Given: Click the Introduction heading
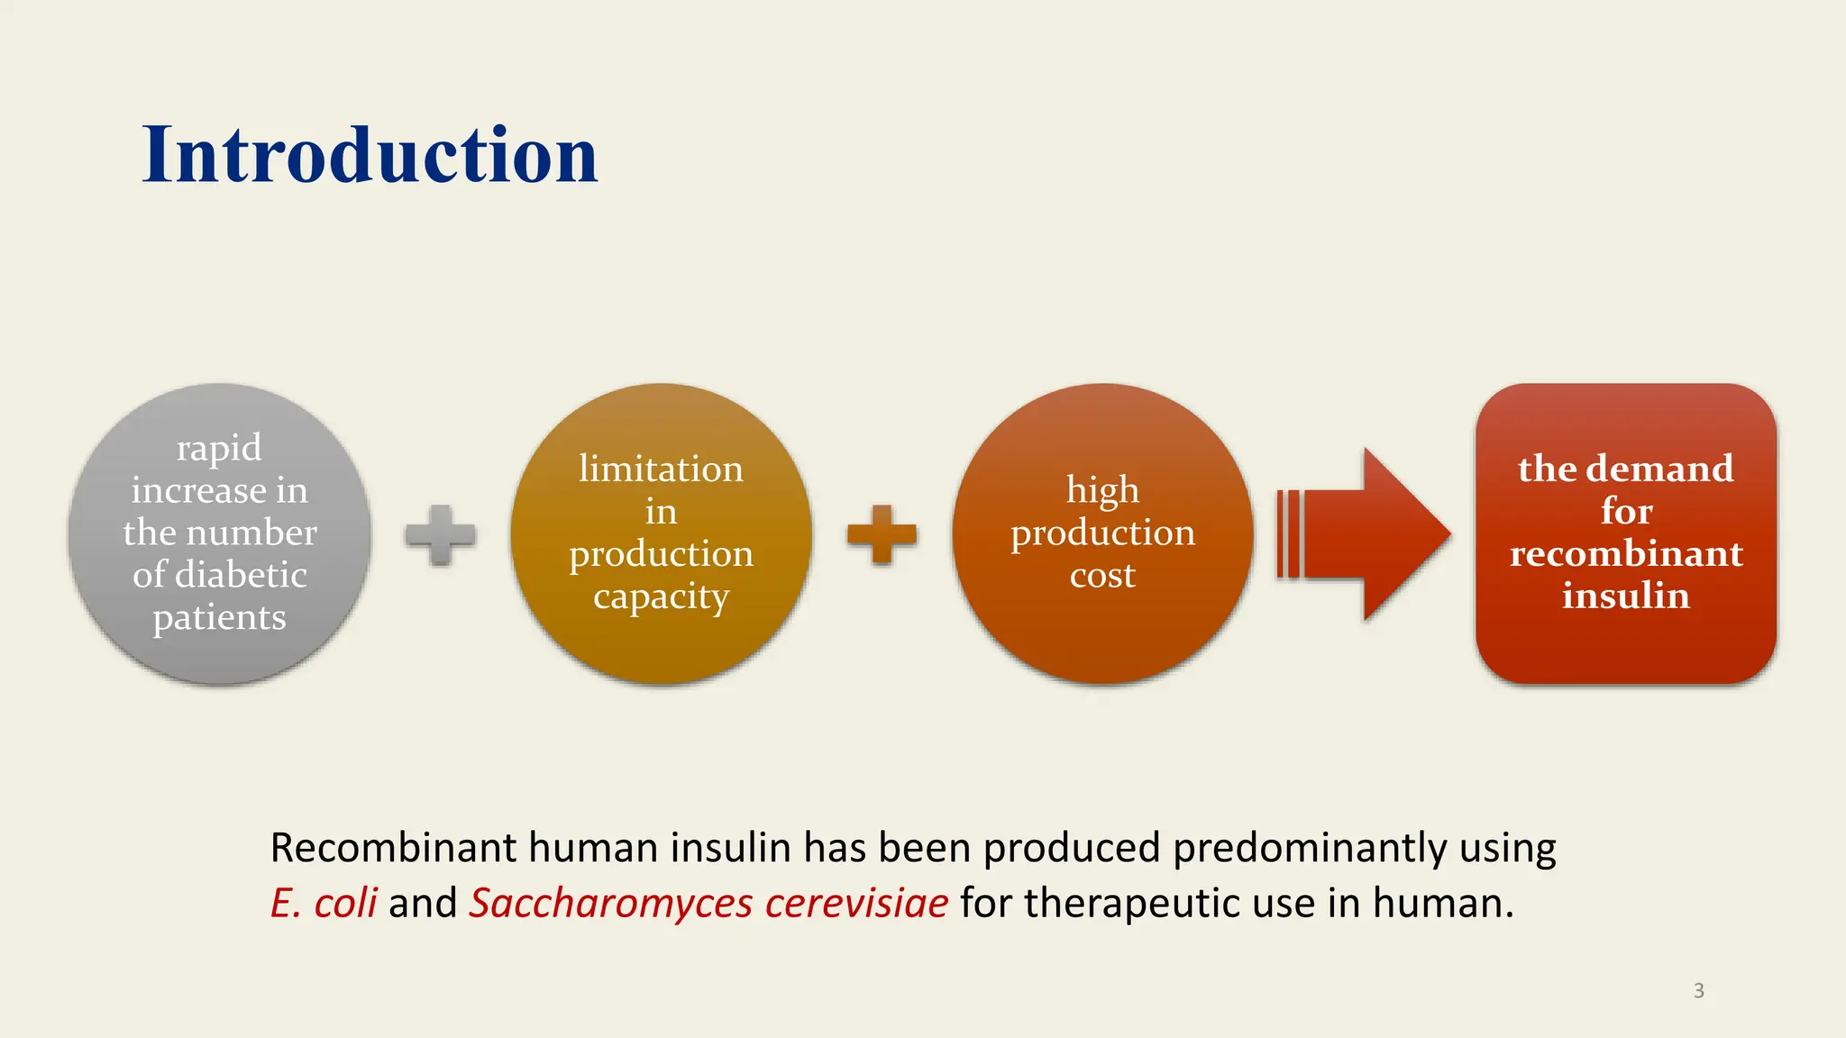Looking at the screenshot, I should click(x=370, y=155).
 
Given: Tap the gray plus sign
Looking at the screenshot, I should click(x=440, y=535).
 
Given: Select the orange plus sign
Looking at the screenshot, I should click(x=882, y=534).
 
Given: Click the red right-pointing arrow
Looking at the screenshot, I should click(x=1370, y=534).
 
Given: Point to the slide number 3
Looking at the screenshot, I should click(x=1698, y=990).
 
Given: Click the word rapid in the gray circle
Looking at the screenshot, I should click(x=219, y=448).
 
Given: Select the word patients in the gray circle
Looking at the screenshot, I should click(x=219, y=618).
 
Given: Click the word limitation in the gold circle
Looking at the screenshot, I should click(x=661, y=469).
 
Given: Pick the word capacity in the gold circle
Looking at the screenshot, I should click(x=661, y=596).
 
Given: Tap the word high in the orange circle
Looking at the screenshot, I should click(x=1102, y=491).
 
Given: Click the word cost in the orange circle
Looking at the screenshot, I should click(x=1102, y=575).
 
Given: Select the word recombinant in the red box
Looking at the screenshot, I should click(x=1626, y=553).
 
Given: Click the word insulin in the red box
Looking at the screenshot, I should click(x=1626, y=596).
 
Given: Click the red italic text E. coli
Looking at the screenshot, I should click(x=324, y=903).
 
